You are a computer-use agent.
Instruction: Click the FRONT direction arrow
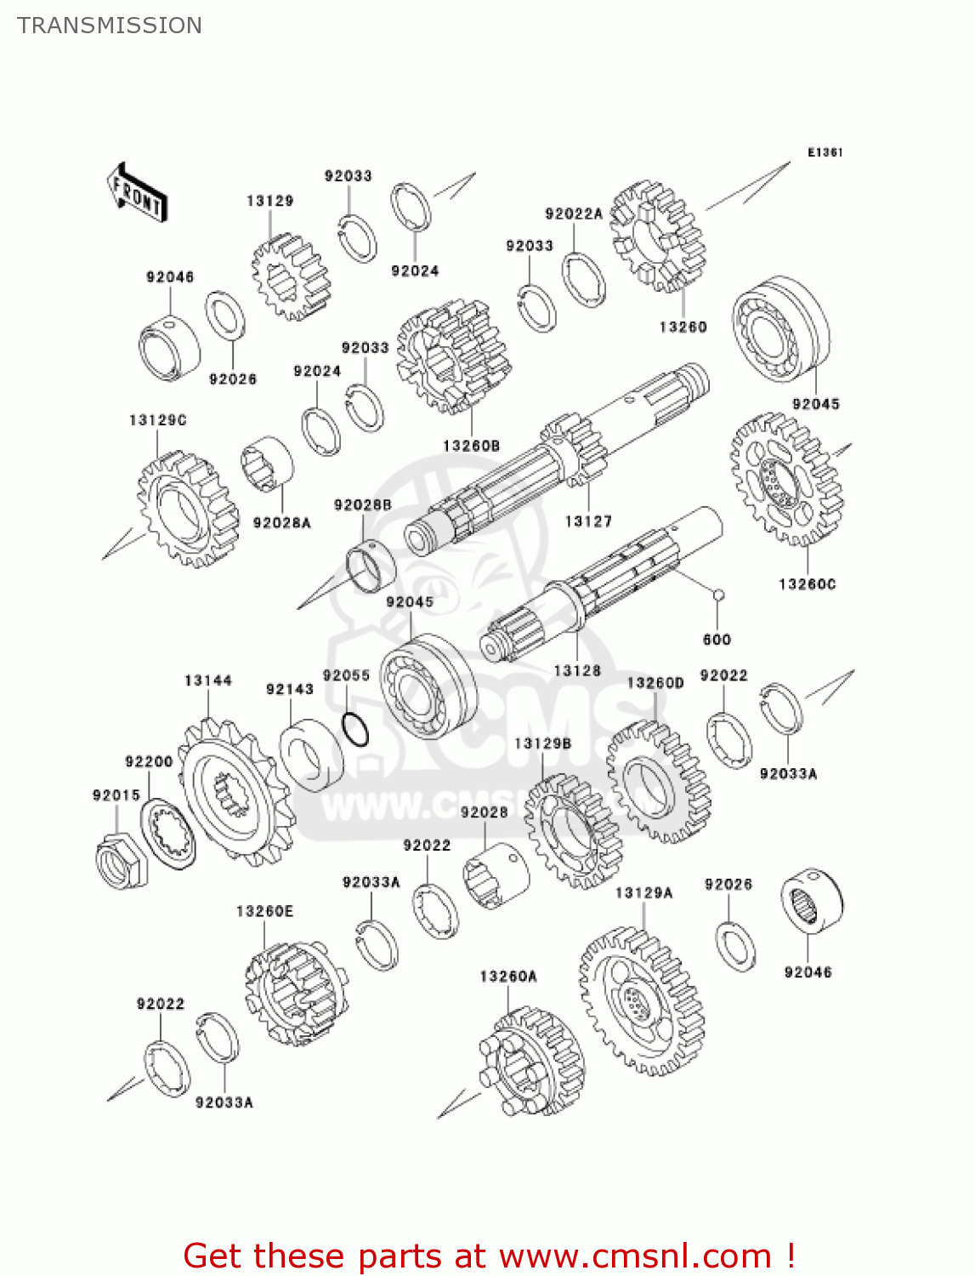(x=137, y=193)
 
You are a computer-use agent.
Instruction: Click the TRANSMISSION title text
(x=110, y=26)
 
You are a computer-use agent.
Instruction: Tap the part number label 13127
(x=588, y=521)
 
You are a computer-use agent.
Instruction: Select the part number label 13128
(x=577, y=670)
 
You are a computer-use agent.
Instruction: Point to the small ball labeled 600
(x=718, y=595)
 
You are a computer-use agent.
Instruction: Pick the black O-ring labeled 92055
(x=355, y=729)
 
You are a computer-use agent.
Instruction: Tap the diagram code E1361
(x=825, y=152)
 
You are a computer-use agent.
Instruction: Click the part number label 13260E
(x=264, y=911)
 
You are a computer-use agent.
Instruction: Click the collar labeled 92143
(x=310, y=755)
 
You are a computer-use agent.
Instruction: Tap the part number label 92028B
(x=363, y=505)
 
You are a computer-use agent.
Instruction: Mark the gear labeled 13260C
(x=786, y=480)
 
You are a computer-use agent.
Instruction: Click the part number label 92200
(x=149, y=761)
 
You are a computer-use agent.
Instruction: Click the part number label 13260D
(x=655, y=683)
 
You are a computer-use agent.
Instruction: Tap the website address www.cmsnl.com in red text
(x=634, y=1256)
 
